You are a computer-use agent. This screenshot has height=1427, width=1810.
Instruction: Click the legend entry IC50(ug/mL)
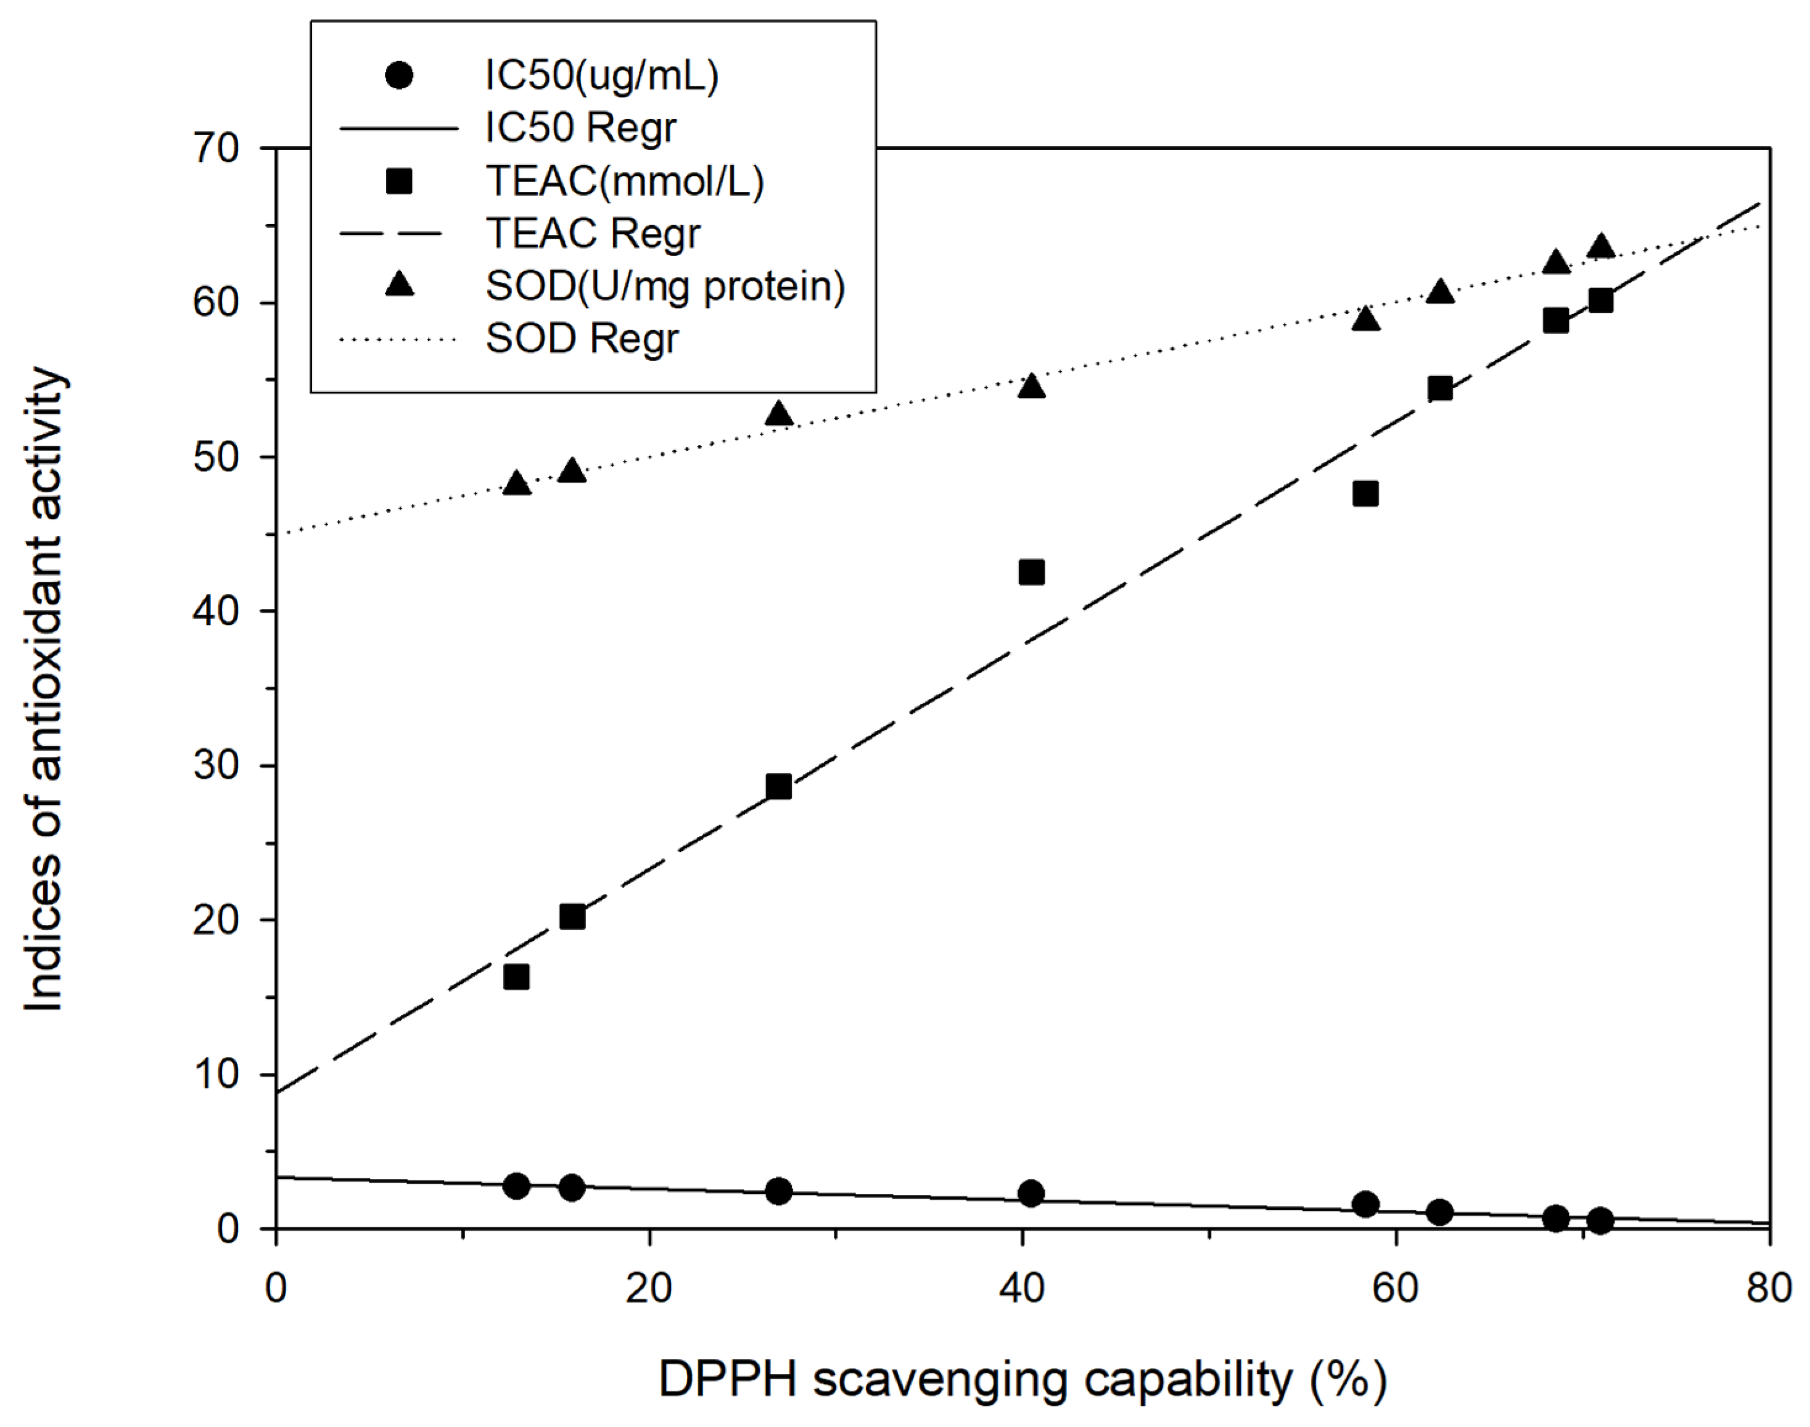tap(601, 76)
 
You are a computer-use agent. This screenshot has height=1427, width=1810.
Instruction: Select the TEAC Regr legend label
tap(593, 233)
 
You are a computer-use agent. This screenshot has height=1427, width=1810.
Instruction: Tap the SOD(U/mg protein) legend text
tap(665, 286)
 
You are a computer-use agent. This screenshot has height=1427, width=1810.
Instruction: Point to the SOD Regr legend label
tap(582, 338)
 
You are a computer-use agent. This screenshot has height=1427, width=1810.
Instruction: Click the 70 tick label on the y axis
tap(215, 149)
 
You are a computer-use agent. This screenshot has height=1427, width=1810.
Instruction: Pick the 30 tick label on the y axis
tap(215, 765)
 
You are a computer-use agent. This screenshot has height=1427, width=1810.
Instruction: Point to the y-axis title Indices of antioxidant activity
tap(43, 689)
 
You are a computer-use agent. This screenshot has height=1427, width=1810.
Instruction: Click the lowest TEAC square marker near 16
tap(516, 977)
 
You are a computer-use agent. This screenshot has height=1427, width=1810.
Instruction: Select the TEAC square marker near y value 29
tap(778, 786)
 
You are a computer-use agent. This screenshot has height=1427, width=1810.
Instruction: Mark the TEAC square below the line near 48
tap(1365, 494)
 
